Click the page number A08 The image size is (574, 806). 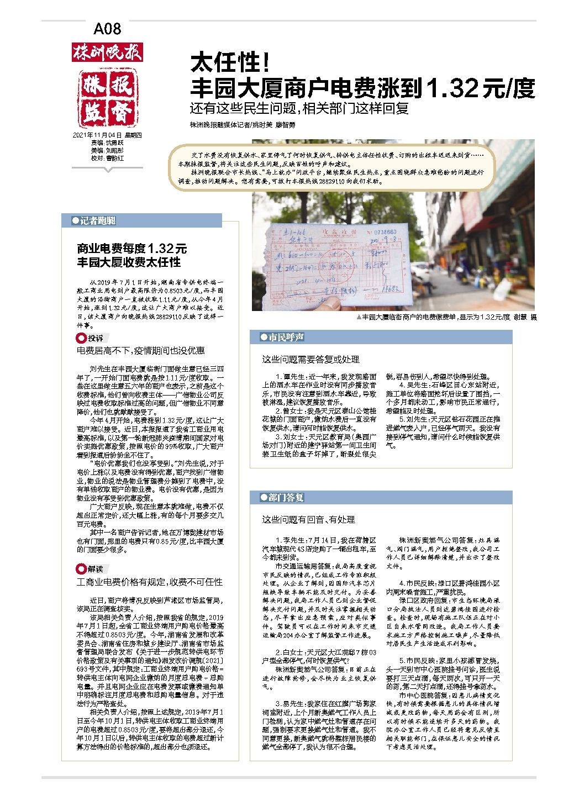(107, 29)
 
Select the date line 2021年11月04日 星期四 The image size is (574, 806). (107, 135)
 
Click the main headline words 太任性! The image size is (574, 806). (230, 64)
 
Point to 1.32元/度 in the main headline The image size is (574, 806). (480, 88)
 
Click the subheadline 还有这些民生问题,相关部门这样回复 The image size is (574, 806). (299, 108)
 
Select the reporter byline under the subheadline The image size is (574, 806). (243, 125)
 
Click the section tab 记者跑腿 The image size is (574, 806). (97, 221)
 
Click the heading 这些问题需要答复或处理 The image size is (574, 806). (310, 360)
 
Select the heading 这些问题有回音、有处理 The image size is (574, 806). (308, 519)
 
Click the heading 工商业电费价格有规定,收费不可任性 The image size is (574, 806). (150, 582)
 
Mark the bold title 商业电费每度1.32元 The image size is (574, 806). (132, 249)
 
